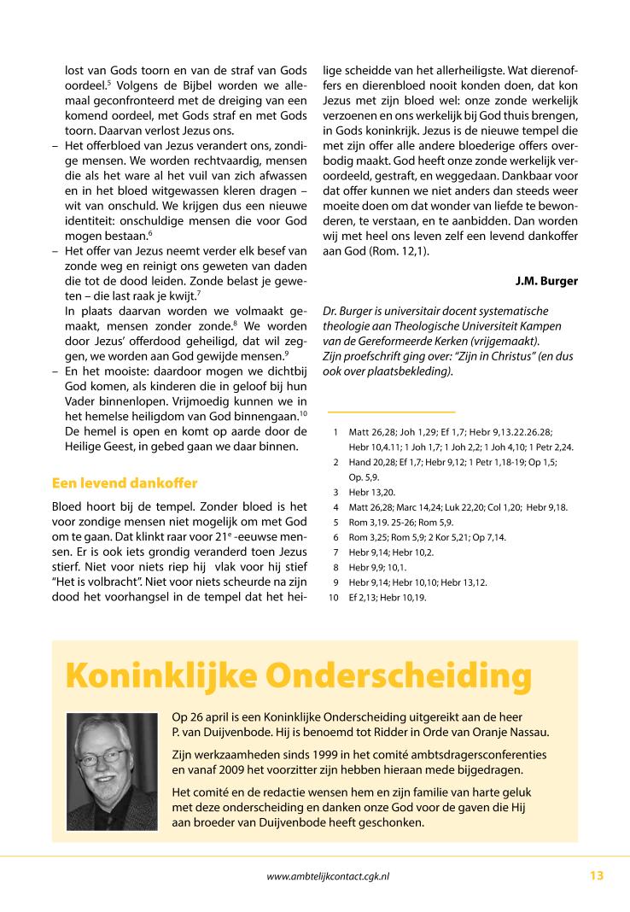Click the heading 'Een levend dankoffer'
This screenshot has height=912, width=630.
pyautogui.click(x=125, y=483)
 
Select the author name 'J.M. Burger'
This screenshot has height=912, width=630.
pyautogui.click(x=546, y=280)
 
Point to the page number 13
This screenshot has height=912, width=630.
pyautogui.click(x=596, y=874)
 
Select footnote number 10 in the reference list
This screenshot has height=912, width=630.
pyautogui.click(x=334, y=598)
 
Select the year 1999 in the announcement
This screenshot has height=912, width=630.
pyautogui.click(x=310, y=755)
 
